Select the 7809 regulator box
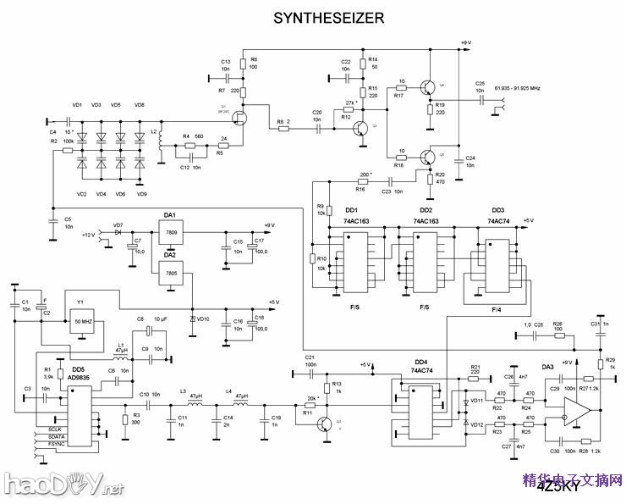(x=172, y=231)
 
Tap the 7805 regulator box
(x=172, y=273)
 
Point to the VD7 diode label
(x=118, y=224)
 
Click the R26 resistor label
(x=557, y=324)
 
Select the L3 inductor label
(x=182, y=390)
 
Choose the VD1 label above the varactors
(x=78, y=104)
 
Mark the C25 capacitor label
(x=480, y=83)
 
